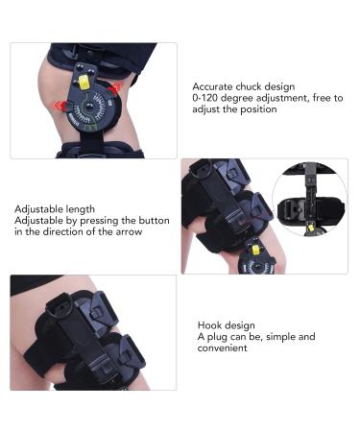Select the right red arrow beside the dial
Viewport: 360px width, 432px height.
pos(115,90)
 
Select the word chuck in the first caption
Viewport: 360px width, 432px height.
pos(252,85)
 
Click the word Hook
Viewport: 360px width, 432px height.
pos(210,324)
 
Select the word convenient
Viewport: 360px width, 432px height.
pos(225,348)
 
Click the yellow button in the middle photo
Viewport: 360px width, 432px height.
pos(253,248)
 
